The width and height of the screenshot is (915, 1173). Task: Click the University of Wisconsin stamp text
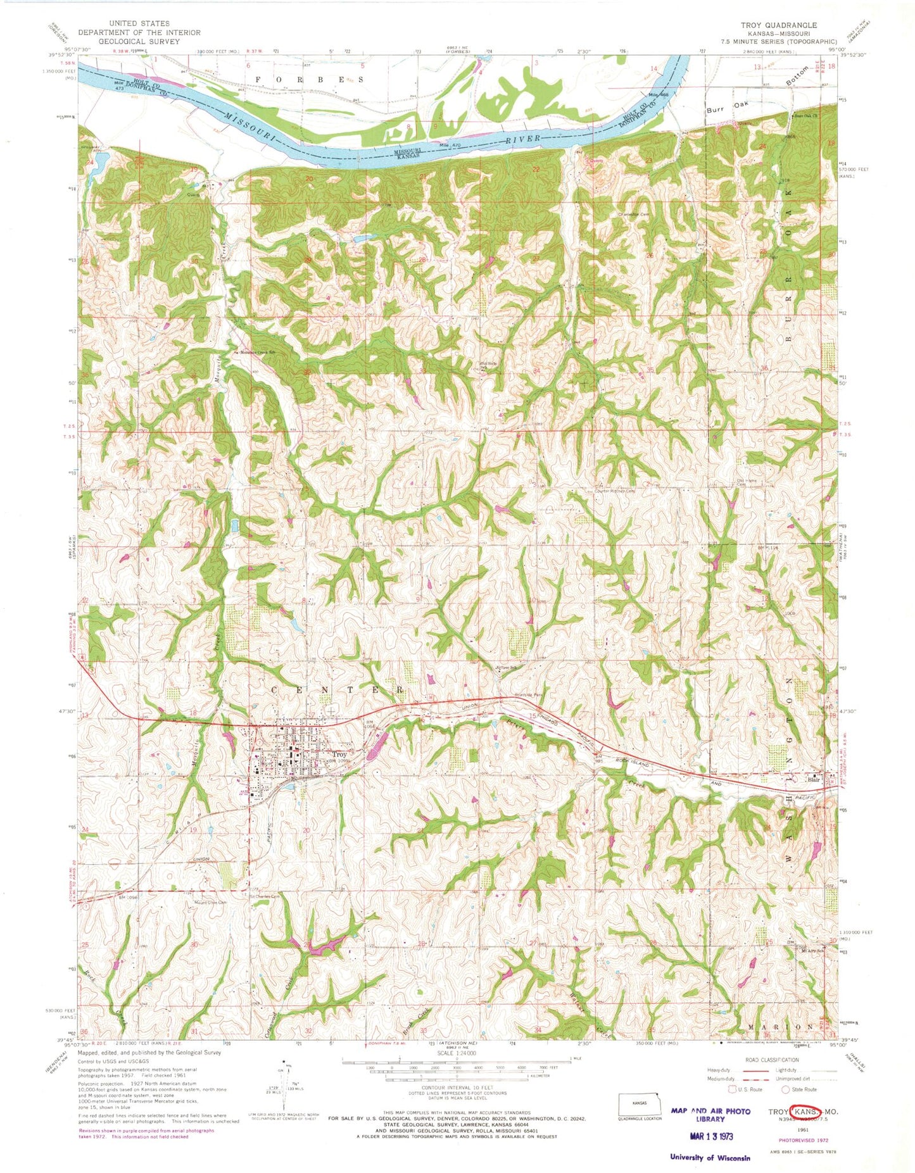[710, 1157]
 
